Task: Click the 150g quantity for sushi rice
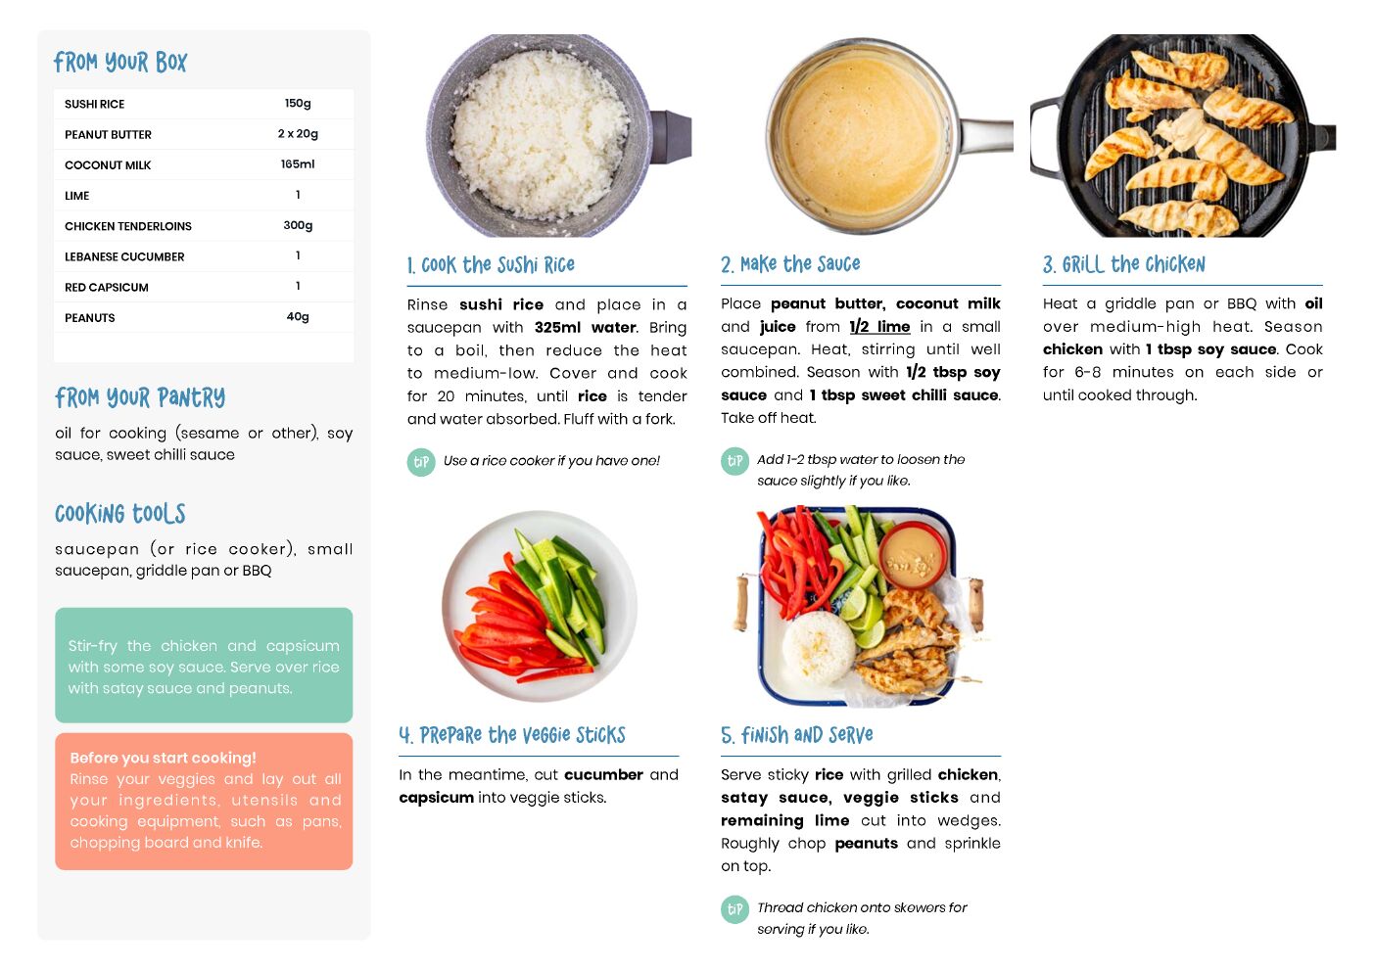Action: click(x=298, y=103)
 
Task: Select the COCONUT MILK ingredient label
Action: click(x=108, y=164)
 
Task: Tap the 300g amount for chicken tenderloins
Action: click(x=298, y=225)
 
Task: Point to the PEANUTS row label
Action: click(x=89, y=317)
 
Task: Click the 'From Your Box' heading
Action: click(x=120, y=62)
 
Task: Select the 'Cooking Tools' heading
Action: click(x=120, y=514)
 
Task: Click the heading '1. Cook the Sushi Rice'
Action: click(x=491, y=265)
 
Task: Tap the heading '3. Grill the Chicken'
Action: click(x=1123, y=264)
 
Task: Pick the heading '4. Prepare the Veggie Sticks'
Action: click(x=512, y=734)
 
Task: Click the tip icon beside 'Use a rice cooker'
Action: click(x=421, y=462)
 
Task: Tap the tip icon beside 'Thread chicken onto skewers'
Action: click(x=734, y=908)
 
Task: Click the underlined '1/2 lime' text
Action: click(x=879, y=327)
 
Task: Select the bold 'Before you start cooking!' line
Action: click(x=164, y=758)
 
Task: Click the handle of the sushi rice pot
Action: click(x=671, y=137)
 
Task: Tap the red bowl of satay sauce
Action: click(x=913, y=555)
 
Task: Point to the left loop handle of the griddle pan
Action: click(x=1044, y=138)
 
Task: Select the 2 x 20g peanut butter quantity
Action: click(x=298, y=134)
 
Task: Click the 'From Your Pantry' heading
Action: click(x=140, y=397)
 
